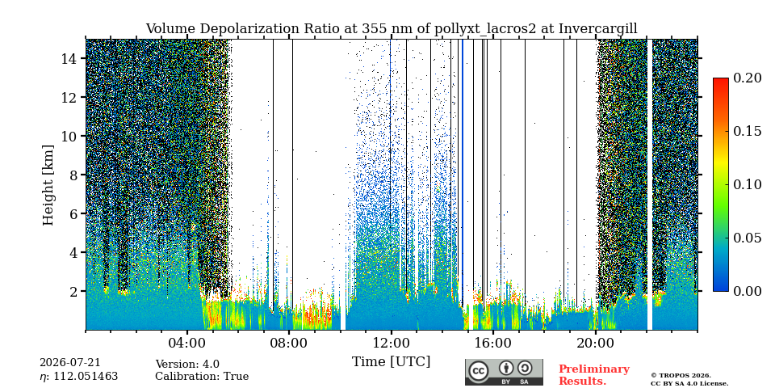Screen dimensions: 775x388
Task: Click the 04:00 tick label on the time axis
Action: coord(187,343)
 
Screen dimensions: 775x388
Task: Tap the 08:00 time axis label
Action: coord(289,343)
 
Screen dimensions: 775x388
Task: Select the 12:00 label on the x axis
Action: coord(391,343)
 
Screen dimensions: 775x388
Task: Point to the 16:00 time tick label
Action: coord(492,343)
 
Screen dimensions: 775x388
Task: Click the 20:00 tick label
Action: coord(595,343)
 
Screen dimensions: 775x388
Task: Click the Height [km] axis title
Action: coord(48,185)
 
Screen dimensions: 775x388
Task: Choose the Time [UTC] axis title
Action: coord(391,362)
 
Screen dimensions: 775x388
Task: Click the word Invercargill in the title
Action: coord(598,29)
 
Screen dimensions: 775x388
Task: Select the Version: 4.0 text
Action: coord(187,365)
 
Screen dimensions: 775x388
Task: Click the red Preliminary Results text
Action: coord(594,375)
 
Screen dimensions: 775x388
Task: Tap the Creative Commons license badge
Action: coord(504,372)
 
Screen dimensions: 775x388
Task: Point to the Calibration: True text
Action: coord(202,376)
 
